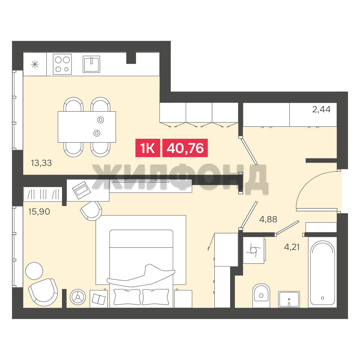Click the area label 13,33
pos(41,163)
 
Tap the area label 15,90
pos(39,211)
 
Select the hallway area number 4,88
pos(268,219)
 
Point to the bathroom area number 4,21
pos(292,247)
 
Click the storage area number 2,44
pos(321,109)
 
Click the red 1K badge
pos(148,148)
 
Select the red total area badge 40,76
pos(185,148)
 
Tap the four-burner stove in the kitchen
pos(62,64)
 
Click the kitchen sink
pos(91,64)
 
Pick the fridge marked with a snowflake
pos(35,64)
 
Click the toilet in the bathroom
pos(261,295)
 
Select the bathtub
pos(322,273)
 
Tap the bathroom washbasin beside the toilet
pos(289,299)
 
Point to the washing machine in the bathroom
pos(254,250)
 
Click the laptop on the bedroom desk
pos(81,190)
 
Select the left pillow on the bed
pos(127,297)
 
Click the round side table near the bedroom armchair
pos(34,271)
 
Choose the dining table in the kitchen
pos(87,127)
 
